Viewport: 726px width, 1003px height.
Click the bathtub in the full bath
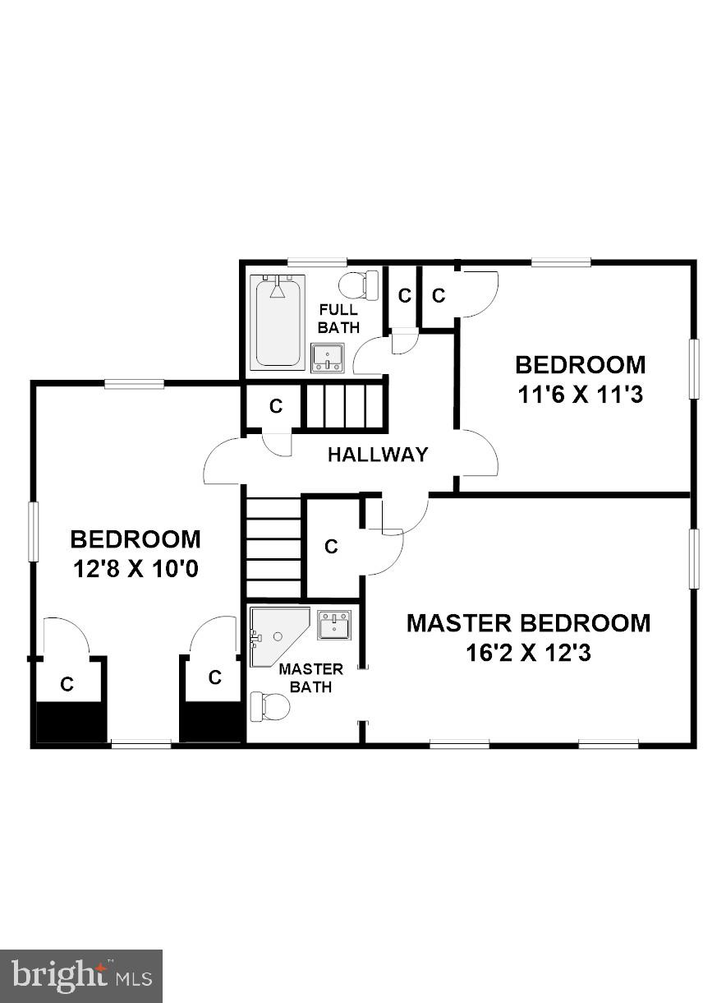point(279,321)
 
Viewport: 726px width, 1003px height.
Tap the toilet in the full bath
point(359,284)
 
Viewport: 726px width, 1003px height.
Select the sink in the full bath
point(328,358)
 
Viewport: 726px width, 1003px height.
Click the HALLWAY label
point(378,454)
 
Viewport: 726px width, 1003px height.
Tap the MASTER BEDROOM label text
point(528,623)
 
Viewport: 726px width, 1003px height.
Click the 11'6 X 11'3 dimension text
point(579,395)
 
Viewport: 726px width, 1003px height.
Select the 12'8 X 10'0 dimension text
point(136,569)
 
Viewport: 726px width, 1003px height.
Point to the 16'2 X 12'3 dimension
point(528,654)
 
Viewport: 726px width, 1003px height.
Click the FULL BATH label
point(339,318)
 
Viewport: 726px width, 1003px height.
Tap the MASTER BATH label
point(310,677)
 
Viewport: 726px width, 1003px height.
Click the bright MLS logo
point(81,976)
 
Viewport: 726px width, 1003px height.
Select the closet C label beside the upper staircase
point(276,405)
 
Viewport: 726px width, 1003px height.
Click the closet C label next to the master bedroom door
point(332,547)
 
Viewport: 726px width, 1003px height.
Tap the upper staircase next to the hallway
point(345,404)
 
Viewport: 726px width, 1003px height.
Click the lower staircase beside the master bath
point(273,547)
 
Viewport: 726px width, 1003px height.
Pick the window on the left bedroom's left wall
point(34,532)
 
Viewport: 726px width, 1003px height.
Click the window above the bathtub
point(316,262)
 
